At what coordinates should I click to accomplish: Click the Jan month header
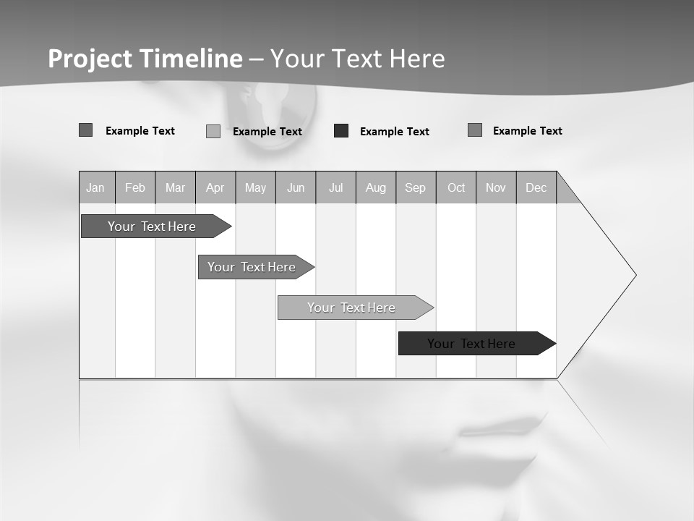95,187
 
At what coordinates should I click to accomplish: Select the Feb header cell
135,187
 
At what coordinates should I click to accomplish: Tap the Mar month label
175,187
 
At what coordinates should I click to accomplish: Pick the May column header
255,187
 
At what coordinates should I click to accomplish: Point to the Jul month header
335,187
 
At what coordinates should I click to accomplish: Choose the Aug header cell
376,187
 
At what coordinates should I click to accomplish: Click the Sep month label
416,187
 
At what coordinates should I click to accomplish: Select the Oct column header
456,187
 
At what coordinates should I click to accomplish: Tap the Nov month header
496,187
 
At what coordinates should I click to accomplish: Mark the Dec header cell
536,187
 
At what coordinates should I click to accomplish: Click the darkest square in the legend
341,131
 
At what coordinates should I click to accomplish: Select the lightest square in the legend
213,131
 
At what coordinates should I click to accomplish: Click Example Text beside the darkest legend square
394,132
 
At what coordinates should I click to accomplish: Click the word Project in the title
89,59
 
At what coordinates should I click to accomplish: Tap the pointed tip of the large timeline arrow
635,275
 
